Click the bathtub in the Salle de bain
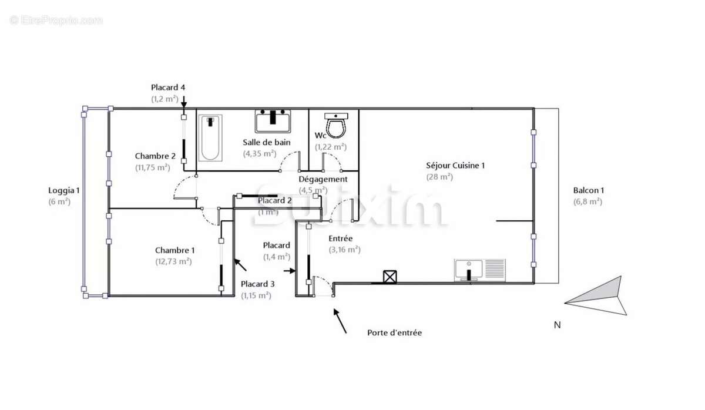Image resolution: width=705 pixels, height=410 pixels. [x=210, y=138]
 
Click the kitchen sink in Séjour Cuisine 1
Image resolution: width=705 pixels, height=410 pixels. [x=479, y=270]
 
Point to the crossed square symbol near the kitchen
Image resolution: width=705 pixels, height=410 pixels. [x=389, y=276]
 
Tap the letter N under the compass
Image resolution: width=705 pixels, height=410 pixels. [x=557, y=325]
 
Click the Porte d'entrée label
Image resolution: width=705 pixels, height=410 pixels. [x=394, y=332]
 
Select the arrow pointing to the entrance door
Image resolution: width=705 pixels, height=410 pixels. [x=340, y=320]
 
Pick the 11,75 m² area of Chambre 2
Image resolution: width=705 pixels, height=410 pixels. [x=152, y=167]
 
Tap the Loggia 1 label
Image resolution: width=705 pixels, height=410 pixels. [x=63, y=190]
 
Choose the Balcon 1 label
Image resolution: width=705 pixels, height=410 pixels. [x=588, y=190]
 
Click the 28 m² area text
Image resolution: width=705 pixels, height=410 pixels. [x=439, y=176]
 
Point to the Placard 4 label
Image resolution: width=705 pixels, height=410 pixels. [x=168, y=88]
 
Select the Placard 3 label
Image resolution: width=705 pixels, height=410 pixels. [x=257, y=284]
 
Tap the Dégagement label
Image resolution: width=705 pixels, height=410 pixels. [x=323, y=179]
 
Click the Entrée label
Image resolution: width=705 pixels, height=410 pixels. [x=340, y=238]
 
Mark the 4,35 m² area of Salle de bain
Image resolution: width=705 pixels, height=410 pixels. [x=260, y=154]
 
